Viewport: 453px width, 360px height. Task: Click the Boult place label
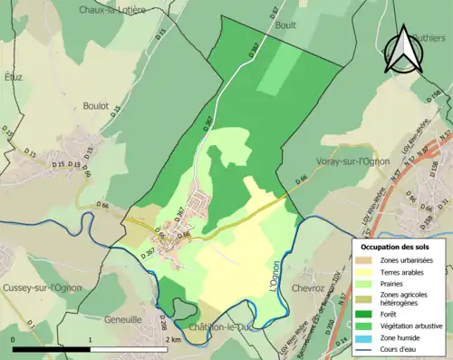coord(285,26)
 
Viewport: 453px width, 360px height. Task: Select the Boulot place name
coord(95,106)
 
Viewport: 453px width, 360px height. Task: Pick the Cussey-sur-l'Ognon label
coord(43,287)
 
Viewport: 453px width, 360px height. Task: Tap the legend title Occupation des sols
coord(395,247)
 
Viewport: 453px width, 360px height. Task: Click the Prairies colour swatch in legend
coord(367,284)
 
